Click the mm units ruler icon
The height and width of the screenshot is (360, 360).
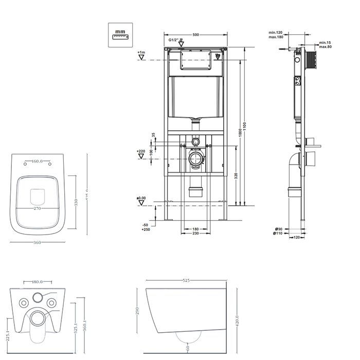click(120, 34)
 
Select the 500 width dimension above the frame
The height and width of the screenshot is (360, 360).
click(195, 35)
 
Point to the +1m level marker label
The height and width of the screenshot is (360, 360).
click(141, 53)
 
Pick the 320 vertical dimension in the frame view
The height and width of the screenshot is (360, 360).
click(236, 175)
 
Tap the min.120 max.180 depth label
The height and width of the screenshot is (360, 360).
click(276, 34)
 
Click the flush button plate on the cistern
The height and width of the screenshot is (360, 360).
click(195, 60)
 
